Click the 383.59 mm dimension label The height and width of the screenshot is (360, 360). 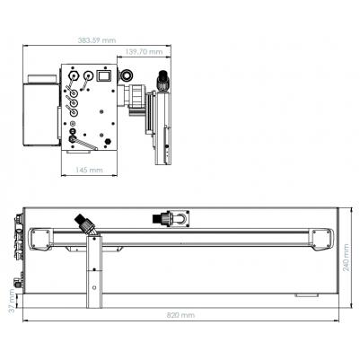[x=97, y=40]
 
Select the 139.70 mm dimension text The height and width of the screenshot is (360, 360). [x=144, y=51]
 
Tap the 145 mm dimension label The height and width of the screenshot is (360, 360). [x=89, y=170]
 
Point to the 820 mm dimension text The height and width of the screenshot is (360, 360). [x=180, y=315]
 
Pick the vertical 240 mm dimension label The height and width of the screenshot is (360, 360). [x=346, y=258]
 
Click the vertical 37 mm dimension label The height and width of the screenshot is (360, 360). [x=12, y=301]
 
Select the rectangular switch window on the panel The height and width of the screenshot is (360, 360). [x=103, y=75]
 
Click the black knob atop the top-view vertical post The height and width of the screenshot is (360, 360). [x=162, y=80]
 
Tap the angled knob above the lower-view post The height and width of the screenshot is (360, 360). [x=84, y=224]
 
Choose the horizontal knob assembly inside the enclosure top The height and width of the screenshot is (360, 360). [x=171, y=218]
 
